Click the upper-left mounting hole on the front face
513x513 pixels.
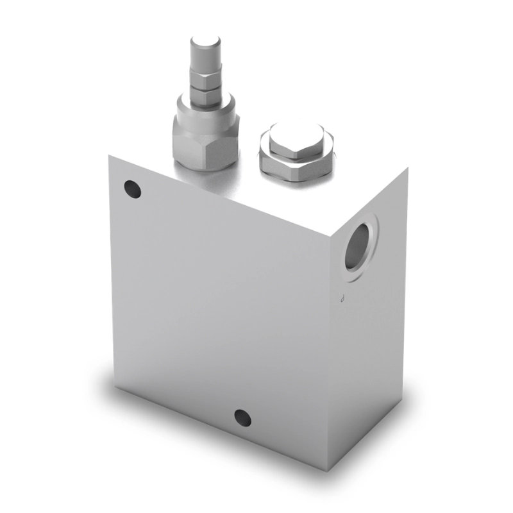132,189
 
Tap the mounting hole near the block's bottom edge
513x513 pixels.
242,417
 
